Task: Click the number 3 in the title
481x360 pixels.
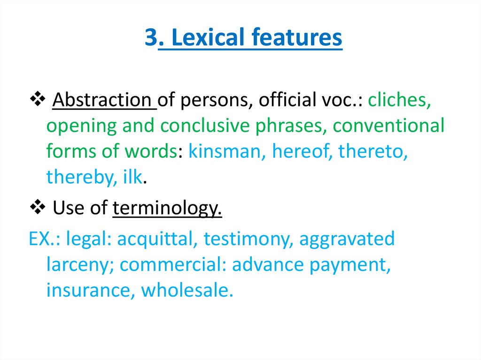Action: (x=151, y=38)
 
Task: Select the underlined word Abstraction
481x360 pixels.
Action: (x=104, y=100)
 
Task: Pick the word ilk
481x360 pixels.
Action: (x=132, y=177)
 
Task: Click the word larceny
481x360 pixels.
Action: (x=80, y=265)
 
